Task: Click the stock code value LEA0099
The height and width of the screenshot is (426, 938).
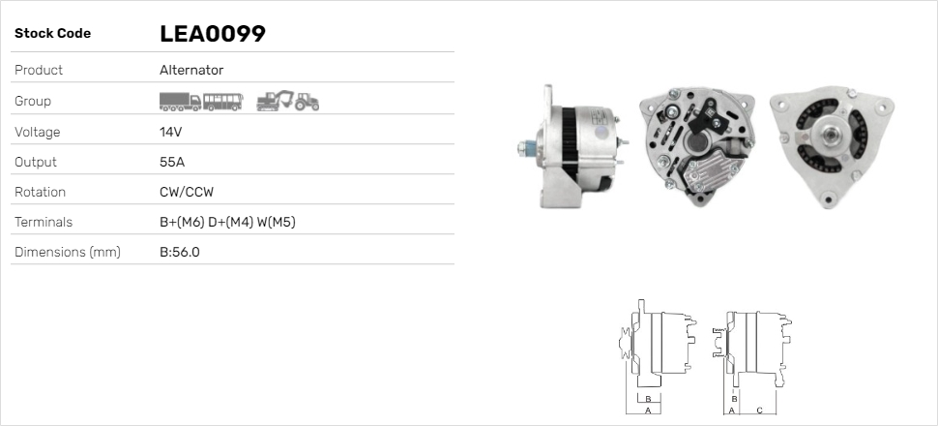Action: [213, 34]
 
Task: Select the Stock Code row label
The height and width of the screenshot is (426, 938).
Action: [52, 34]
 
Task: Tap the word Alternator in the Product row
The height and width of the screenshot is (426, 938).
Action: [191, 70]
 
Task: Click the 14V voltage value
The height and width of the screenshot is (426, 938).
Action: [170, 132]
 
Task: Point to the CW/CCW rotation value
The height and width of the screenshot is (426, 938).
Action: [187, 192]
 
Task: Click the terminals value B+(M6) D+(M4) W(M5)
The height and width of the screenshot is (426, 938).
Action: [227, 223]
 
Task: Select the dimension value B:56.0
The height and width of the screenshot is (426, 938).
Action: [180, 253]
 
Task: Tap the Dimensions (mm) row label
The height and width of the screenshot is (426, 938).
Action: [68, 253]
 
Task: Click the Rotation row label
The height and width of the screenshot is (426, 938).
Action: [40, 192]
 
